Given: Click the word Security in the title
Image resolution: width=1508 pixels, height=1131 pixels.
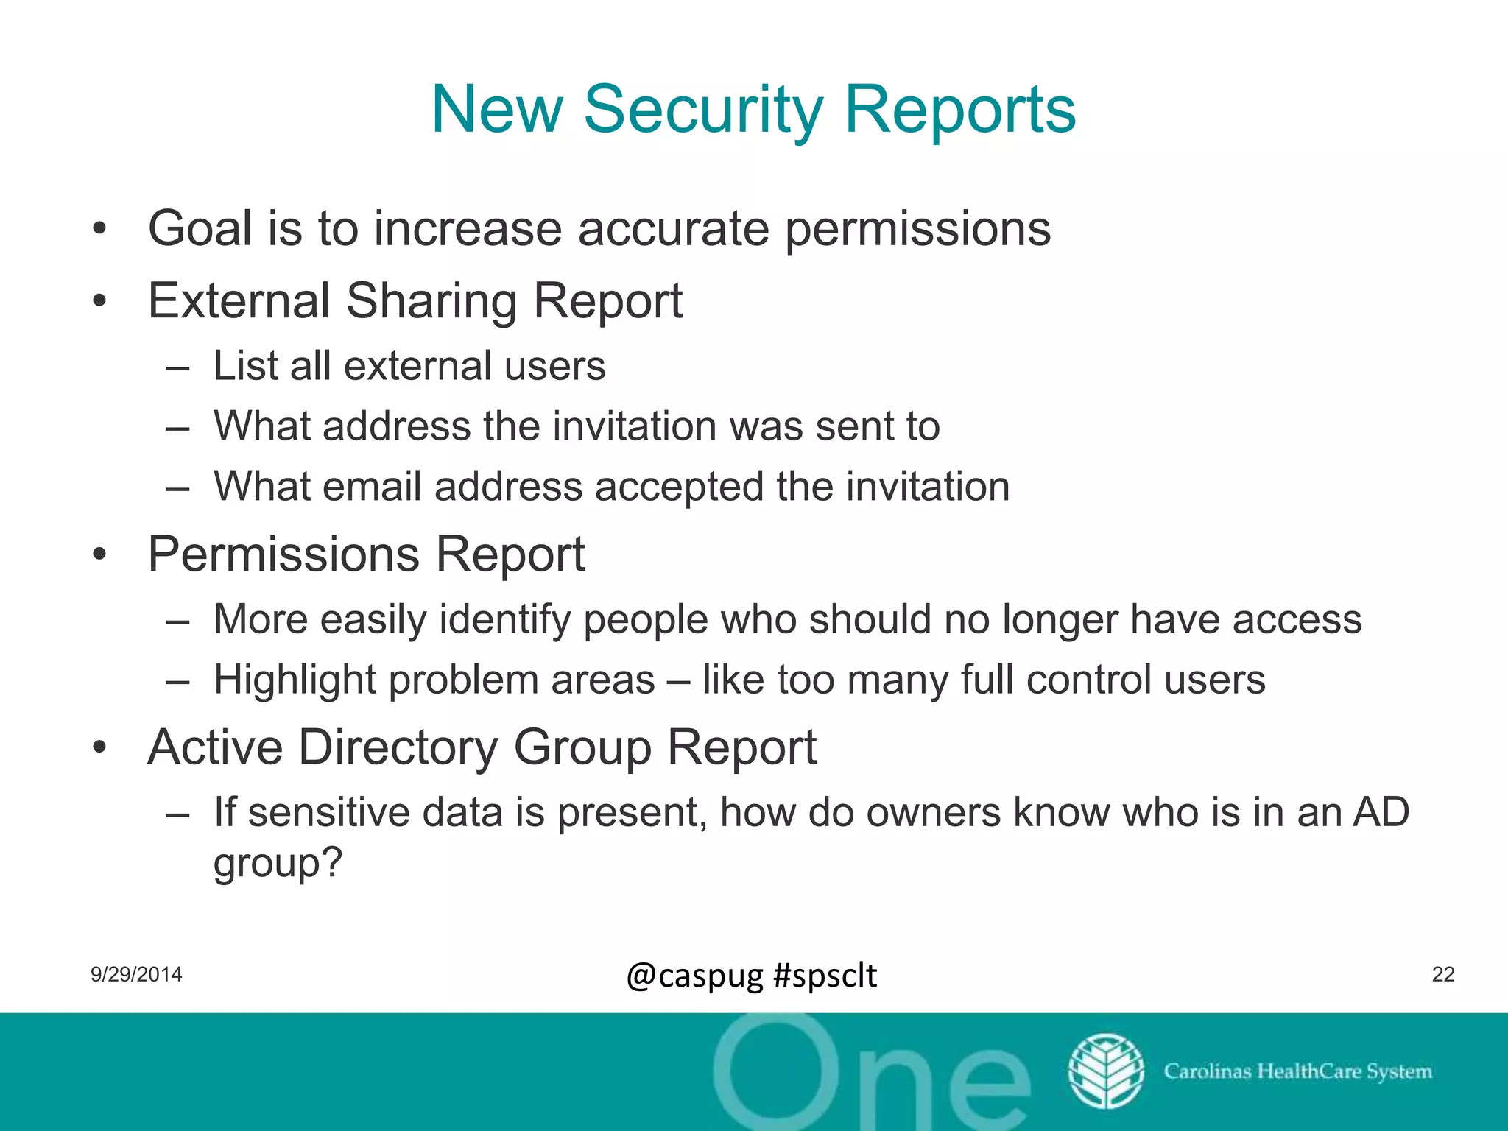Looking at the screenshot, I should [703, 110].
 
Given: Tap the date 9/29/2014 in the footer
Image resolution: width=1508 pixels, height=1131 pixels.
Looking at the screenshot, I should [136, 974].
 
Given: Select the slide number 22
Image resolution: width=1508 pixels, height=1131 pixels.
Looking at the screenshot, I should [1442, 974].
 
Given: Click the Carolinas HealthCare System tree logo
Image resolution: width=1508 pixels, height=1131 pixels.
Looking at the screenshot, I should [1106, 1071].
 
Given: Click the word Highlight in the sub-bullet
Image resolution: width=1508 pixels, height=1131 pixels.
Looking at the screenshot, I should [295, 679].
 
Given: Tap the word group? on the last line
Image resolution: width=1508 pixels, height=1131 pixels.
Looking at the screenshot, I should [278, 862].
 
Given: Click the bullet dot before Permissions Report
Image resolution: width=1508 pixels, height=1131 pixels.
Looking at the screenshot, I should [100, 554].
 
